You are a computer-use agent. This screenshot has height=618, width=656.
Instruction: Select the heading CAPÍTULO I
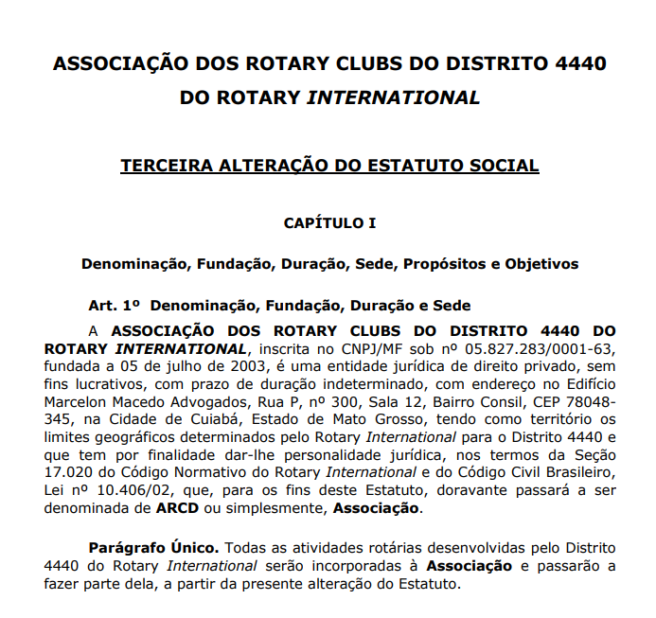[x=329, y=223]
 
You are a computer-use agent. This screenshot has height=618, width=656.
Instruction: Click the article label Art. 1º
[x=115, y=306]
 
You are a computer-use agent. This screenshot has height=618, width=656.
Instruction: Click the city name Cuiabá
[x=206, y=419]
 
